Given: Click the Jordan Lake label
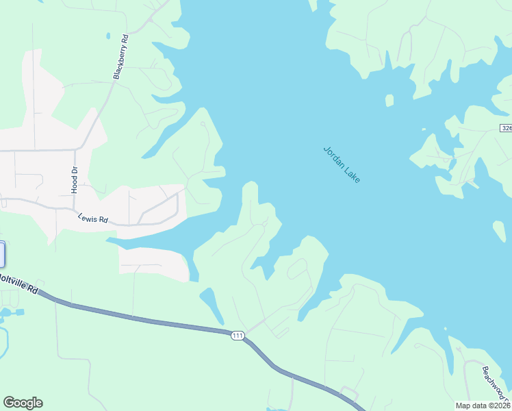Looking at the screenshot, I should [341, 164].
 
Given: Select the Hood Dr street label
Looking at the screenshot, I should [75, 179].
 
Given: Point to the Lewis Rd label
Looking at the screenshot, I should [93, 219].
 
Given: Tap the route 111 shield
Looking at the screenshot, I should [238, 335].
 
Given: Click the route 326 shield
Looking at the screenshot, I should [506, 128].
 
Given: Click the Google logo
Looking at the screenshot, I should [23, 403].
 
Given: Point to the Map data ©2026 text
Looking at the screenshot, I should [483, 406].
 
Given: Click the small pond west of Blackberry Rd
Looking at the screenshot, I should [107, 36].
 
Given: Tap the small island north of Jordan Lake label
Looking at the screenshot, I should [389, 101].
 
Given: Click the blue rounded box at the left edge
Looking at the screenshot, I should [2, 254].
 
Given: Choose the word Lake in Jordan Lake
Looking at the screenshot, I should [352, 174].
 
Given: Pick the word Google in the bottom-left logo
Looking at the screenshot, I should [23, 403].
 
